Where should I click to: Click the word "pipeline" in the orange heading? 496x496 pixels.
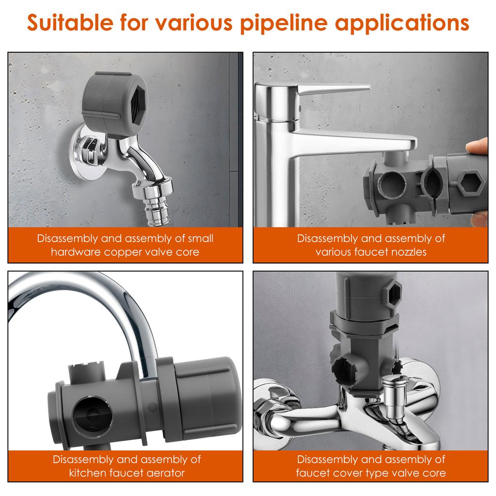coord(283,23)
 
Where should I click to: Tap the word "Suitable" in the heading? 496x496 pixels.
coord(70,22)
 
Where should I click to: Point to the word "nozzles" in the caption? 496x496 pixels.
coord(408,252)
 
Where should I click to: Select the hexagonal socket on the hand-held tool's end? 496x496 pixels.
coord(470,184)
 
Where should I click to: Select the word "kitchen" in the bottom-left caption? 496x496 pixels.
coord(88,473)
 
